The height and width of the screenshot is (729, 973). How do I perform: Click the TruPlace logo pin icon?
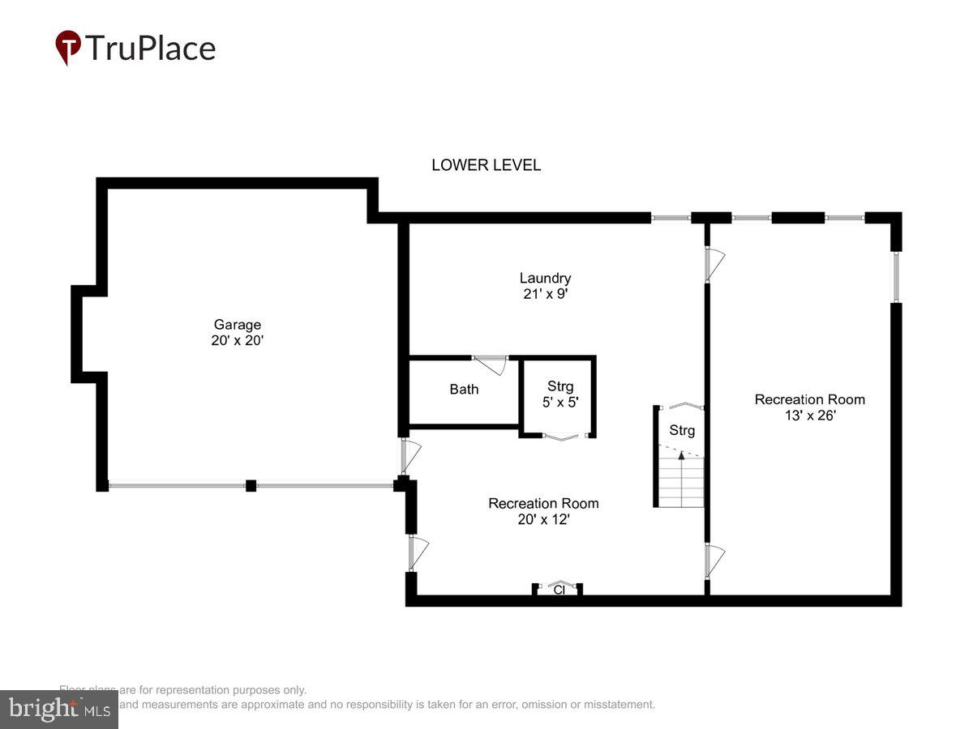coord(68,47)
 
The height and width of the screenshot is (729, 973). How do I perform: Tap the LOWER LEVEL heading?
coord(486,165)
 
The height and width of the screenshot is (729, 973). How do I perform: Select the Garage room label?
coord(237,325)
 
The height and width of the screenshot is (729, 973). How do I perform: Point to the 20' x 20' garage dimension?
coord(237,341)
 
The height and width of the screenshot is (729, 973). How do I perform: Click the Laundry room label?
coord(545,279)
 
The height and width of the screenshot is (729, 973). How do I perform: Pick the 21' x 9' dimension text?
coord(545,295)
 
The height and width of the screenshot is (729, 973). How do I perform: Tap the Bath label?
coord(464,390)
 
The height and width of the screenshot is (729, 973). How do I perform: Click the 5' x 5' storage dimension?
coord(559,402)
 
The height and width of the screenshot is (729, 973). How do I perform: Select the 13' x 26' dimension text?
coord(809,416)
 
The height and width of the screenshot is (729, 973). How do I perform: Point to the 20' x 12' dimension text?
coord(543,519)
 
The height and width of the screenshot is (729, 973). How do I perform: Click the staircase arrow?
coord(681,456)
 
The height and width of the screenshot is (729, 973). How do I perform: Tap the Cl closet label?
coord(559,590)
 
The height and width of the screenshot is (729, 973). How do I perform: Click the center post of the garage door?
coord(251,485)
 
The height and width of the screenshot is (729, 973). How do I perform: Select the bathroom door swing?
coord(491,364)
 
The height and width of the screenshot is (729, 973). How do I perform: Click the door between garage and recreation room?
coord(409,456)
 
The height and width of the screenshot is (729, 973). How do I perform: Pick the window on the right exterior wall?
coord(896,277)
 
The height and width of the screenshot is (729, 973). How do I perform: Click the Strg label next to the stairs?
coord(682,431)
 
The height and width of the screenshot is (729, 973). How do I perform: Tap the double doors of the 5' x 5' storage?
coord(559,437)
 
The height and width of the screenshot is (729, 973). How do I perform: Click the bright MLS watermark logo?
coord(58,710)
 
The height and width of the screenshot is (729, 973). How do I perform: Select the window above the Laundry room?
coord(670,217)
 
